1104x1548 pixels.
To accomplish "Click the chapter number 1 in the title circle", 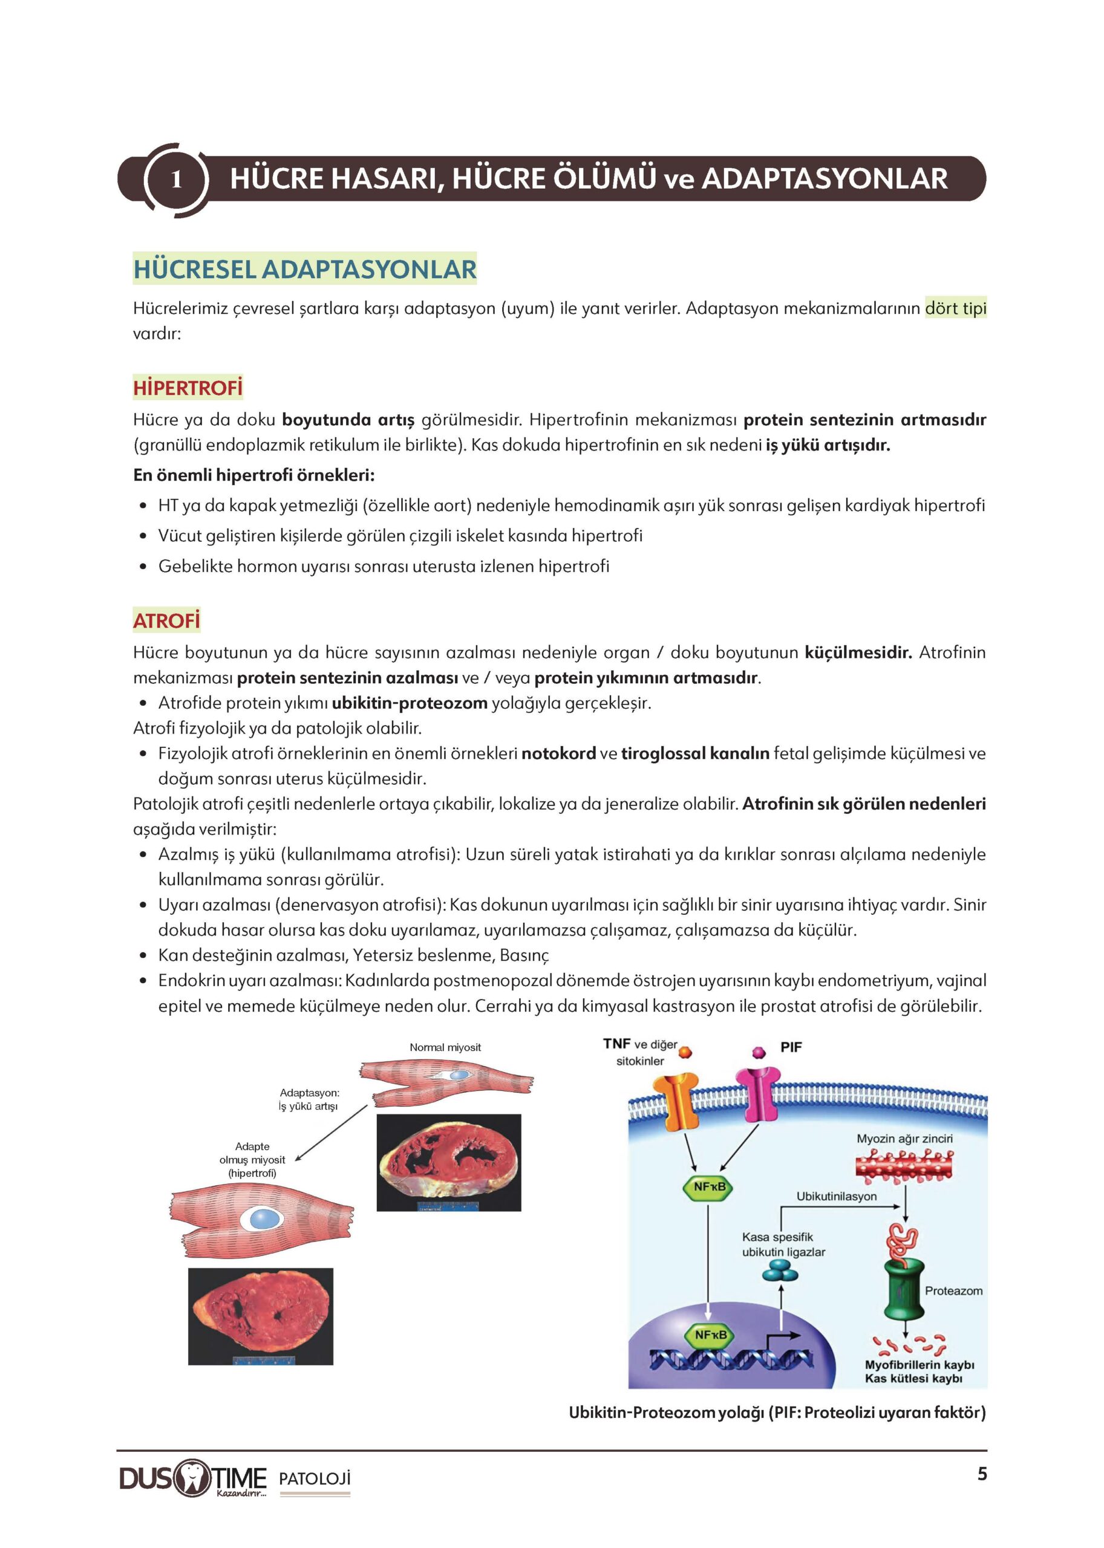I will (x=176, y=180).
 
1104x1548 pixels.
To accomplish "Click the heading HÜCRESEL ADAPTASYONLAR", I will (x=304, y=269).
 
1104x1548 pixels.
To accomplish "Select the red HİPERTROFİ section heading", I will (x=188, y=388).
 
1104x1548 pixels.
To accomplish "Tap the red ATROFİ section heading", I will (x=166, y=620).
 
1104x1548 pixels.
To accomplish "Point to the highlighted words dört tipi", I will (x=955, y=308).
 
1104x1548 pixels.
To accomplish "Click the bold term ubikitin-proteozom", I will (x=410, y=703).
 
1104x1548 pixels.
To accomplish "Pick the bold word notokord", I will (x=558, y=753).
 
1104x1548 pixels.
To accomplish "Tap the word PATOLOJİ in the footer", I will (x=315, y=1478).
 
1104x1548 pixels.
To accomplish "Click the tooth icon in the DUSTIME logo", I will (x=193, y=1477).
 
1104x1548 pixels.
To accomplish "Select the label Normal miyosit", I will (x=445, y=1047).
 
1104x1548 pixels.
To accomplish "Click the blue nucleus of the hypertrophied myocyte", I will (x=263, y=1218).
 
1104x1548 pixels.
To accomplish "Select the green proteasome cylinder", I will (x=903, y=1289).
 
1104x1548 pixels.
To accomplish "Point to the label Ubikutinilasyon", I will (x=836, y=1196).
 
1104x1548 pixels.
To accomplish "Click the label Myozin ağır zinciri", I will (x=904, y=1138).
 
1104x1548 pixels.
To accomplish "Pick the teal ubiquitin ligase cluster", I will (x=780, y=1270).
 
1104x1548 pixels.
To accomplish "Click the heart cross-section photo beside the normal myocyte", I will (x=449, y=1162).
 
